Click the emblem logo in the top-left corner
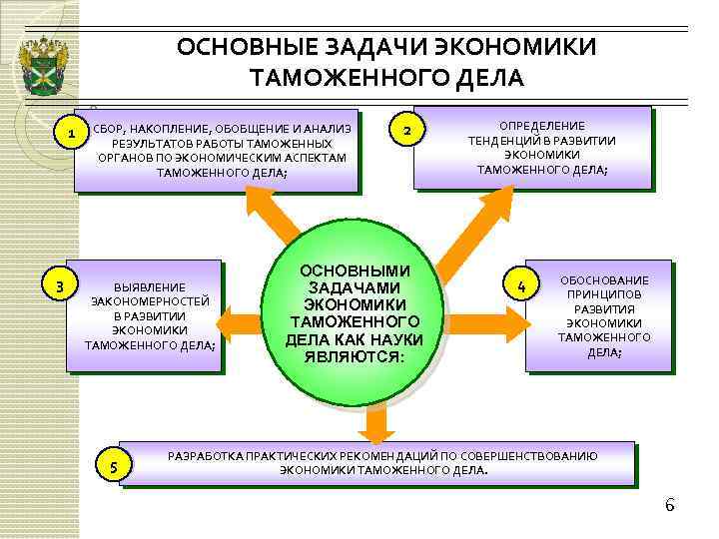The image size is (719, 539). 43,63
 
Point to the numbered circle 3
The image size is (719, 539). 61,287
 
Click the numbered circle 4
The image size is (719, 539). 521,288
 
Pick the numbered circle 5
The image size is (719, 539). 112,467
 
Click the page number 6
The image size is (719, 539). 670,504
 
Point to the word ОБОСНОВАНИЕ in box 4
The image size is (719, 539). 603,280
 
